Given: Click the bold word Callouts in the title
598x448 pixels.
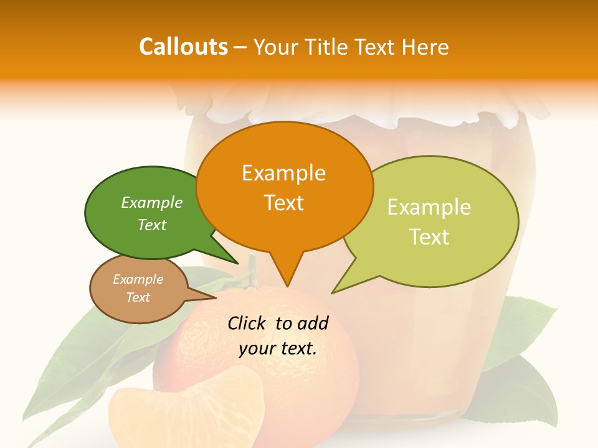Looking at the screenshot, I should (x=183, y=47).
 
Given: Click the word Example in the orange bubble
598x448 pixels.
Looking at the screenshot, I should (x=283, y=173).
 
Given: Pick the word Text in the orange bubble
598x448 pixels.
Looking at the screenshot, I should (x=283, y=203).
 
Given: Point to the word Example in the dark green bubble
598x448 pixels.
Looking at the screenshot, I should (x=151, y=203).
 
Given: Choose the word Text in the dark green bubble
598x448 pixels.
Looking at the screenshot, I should (x=151, y=225).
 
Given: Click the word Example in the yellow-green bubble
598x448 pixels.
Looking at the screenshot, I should (x=429, y=207).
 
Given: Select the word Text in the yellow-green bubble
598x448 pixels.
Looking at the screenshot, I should (x=429, y=237).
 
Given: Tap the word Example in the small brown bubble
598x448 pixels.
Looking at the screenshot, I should (x=138, y=280).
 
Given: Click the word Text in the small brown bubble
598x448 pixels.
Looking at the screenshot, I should (x=138, y=297).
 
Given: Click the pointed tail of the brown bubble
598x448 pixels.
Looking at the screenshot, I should (x=212, y=297).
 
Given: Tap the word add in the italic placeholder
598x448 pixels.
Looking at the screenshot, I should (x=313, y=323).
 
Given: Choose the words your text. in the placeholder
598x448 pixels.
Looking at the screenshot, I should (x=278, y=348).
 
